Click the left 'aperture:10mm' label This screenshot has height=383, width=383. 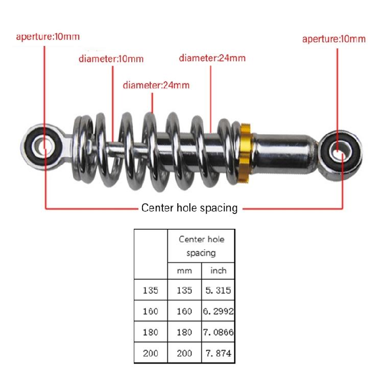click(x=48, y=37)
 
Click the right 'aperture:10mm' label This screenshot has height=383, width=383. click(x=334, y=39)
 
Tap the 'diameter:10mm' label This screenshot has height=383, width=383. click(x=111, y=59)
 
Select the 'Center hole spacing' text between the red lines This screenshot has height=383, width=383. click(x=189, y=208)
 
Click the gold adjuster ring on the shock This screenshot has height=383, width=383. click(x=245, y=154)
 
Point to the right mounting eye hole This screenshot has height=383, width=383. click(x=341, y=153)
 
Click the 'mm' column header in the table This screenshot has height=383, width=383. click(x=184, y=271)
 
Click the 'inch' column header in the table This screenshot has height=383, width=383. click(x=218, y=271)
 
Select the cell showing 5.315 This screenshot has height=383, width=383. click(x=218, y=290)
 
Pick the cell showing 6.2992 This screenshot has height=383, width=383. click(x=218, y=311)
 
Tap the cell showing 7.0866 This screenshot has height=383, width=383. click(x=218, y=332)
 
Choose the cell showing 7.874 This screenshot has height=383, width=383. click(x=218, y=353)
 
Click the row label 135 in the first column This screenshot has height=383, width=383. click(x=151, y=290)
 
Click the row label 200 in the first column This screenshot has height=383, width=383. click(x=151, y=353)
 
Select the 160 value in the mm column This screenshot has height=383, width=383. click(x=184, y=311)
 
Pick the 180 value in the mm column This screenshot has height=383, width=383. click(x=184, y=332)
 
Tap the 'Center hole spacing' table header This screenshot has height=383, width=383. click(x=201, y=246)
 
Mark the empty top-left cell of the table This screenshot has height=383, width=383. click(x=151, y=254)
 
